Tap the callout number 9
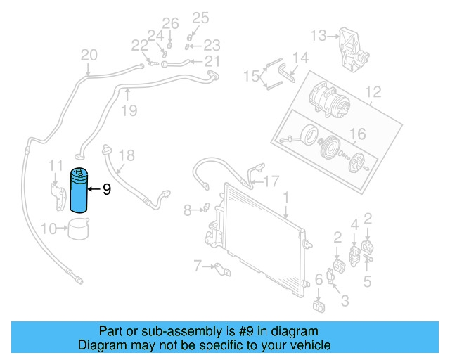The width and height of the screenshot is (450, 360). tap(107, 189)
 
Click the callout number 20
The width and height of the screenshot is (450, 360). tap(89, 56)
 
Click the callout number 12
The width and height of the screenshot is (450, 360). tap(372, 91)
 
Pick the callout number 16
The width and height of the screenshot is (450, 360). tap(357, 134)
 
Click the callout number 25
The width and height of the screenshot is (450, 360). tap(200, 18)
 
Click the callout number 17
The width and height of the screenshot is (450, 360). tap(271, 180)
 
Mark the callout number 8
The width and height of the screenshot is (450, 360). tap(186, 209)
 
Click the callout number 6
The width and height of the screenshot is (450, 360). tap(319, 280)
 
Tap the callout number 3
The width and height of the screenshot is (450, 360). tap(345, 302)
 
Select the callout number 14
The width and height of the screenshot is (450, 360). tap(300, 58)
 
